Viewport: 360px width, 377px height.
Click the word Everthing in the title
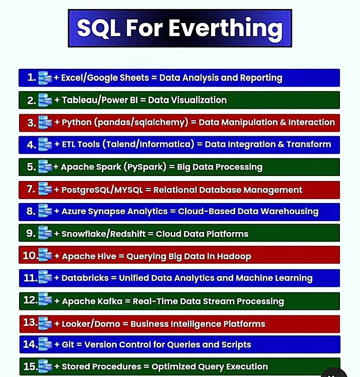[x=226, y=29]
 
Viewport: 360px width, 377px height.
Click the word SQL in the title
[x=99, y=29]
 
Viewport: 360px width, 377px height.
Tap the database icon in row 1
[x=45, y=78]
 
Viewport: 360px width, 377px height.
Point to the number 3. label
[x=32, y=123]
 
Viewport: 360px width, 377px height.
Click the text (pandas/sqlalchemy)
[x=141, y=122]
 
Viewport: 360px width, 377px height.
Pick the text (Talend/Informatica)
[x=148, y=144]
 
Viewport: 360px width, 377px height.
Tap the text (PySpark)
[x=145, y=167]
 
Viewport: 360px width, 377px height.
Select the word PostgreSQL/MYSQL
[x=102, y=190]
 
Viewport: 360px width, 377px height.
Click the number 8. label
[x=31, y=211]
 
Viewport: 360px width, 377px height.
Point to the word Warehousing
[x=289, y=212]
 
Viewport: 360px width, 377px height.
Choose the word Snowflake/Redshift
[x=103, y=234]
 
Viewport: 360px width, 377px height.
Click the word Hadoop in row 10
[x=234, y=256]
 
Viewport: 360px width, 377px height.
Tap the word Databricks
[x=85, y=278]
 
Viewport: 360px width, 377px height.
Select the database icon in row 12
[x=45, y=299]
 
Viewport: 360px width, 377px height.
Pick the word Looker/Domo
[x=91, y=324]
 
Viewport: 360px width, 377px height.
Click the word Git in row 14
[x=68, y=344]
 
